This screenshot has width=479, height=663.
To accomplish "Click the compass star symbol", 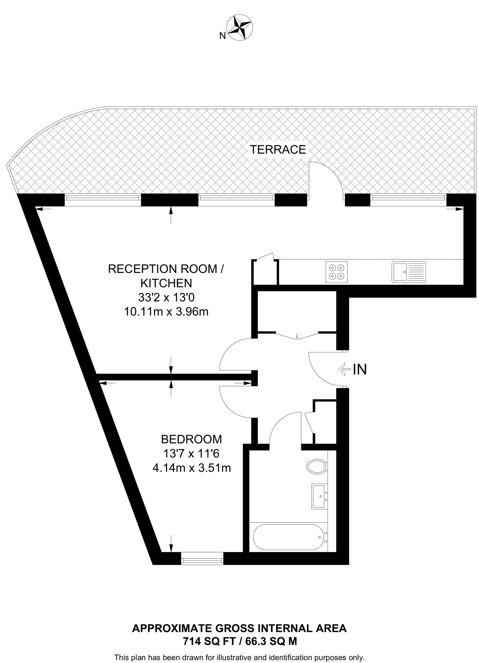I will point(240,28).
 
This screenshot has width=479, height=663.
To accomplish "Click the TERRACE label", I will point(278,150).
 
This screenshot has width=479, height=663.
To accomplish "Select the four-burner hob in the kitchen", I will point(336,272).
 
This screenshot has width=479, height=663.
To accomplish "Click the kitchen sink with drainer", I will point(408,272).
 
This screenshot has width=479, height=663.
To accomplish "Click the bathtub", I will point(288,537).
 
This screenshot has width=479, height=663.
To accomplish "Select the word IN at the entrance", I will point(359,369).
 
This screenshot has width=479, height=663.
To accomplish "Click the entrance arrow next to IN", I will point(344,369).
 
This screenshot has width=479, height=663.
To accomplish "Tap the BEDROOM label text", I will point(191,439).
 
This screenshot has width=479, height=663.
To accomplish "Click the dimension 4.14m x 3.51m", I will point(191,468).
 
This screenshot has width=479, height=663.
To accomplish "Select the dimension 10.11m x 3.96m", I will point(166,312).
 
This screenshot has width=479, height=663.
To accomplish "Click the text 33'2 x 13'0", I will point(166,298).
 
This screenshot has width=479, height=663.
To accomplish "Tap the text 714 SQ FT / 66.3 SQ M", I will point(240,641).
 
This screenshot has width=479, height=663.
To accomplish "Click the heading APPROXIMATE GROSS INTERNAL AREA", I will point(239,628).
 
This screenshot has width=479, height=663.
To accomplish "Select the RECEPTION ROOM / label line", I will point(165,269).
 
